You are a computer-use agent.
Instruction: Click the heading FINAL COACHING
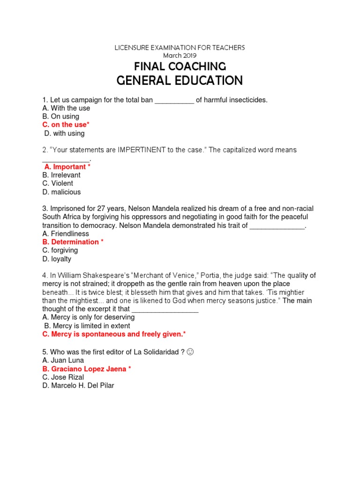tap(180, 66)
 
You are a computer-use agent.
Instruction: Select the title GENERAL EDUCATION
tap(180, 81)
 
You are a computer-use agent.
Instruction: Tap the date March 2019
tap(180, 55)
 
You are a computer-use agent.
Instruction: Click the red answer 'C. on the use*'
tap(66, 125)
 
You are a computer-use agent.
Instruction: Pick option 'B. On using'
tap(60, 116)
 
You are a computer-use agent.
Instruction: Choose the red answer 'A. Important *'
tap(67, 167)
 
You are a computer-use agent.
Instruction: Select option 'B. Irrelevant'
tap(61, 175)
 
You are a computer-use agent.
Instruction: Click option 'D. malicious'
tap(61, 192)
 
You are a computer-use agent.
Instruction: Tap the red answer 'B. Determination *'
tap(73, 242)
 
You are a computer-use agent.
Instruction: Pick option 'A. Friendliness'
tap(66, 233)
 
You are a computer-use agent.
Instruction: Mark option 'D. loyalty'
tap(57, 259)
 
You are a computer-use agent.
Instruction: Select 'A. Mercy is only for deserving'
tap(88, 317)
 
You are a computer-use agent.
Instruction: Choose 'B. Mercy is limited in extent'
tap(87, 326)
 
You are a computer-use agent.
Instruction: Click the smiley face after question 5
tap(190, 352)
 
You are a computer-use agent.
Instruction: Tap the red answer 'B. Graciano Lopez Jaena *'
tap(86, 369)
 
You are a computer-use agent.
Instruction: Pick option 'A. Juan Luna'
tap(63, 360)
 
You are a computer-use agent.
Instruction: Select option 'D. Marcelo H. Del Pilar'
tap(78, 386)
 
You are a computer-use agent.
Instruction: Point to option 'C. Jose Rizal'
tap(62, 377)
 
